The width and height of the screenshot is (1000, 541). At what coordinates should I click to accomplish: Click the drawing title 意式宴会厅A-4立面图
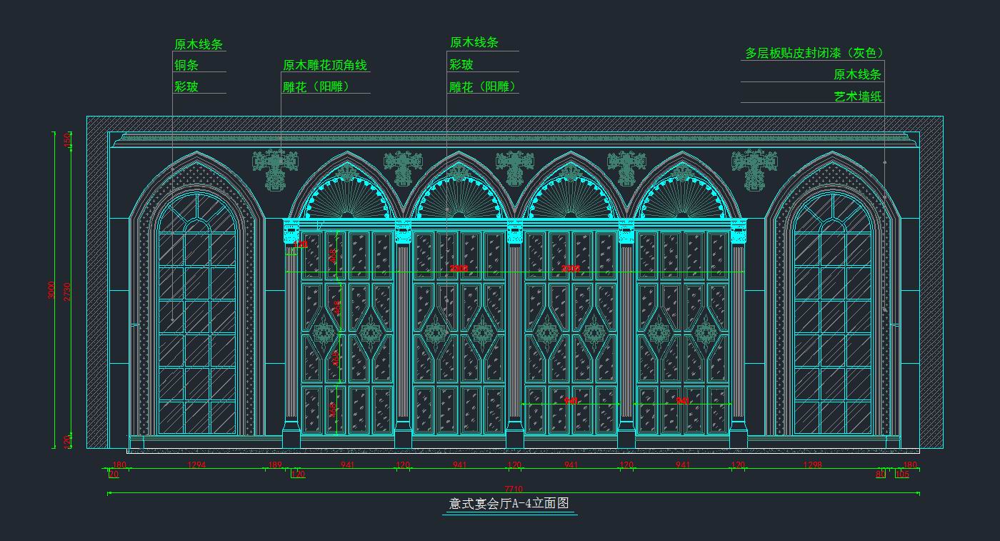pos(509,504)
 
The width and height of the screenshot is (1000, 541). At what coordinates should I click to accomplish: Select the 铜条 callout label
pos(186,65)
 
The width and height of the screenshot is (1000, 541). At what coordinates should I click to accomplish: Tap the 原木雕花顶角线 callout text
pos(325,66)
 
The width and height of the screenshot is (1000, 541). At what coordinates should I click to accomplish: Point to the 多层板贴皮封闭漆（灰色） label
pos(814,54)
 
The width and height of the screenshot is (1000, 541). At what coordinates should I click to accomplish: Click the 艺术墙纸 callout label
pos(858,96)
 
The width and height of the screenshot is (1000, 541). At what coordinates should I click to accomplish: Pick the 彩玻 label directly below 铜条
pos(186,87)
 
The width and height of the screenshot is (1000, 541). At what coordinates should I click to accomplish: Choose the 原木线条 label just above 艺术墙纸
pos(857,74)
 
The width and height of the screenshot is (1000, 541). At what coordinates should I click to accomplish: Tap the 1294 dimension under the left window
pos(196,465)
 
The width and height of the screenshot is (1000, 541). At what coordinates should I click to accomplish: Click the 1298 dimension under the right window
pos(812,465)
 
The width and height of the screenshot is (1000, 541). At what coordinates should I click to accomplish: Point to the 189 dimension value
pos(275,465)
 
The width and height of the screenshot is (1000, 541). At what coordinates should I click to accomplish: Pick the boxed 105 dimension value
pos(902,474)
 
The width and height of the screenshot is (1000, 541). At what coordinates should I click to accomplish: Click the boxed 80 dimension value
pos(881,474)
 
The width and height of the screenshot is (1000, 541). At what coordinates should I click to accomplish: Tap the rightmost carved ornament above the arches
pos(752,169)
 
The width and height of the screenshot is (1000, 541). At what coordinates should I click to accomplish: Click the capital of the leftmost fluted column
pos(291,230)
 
